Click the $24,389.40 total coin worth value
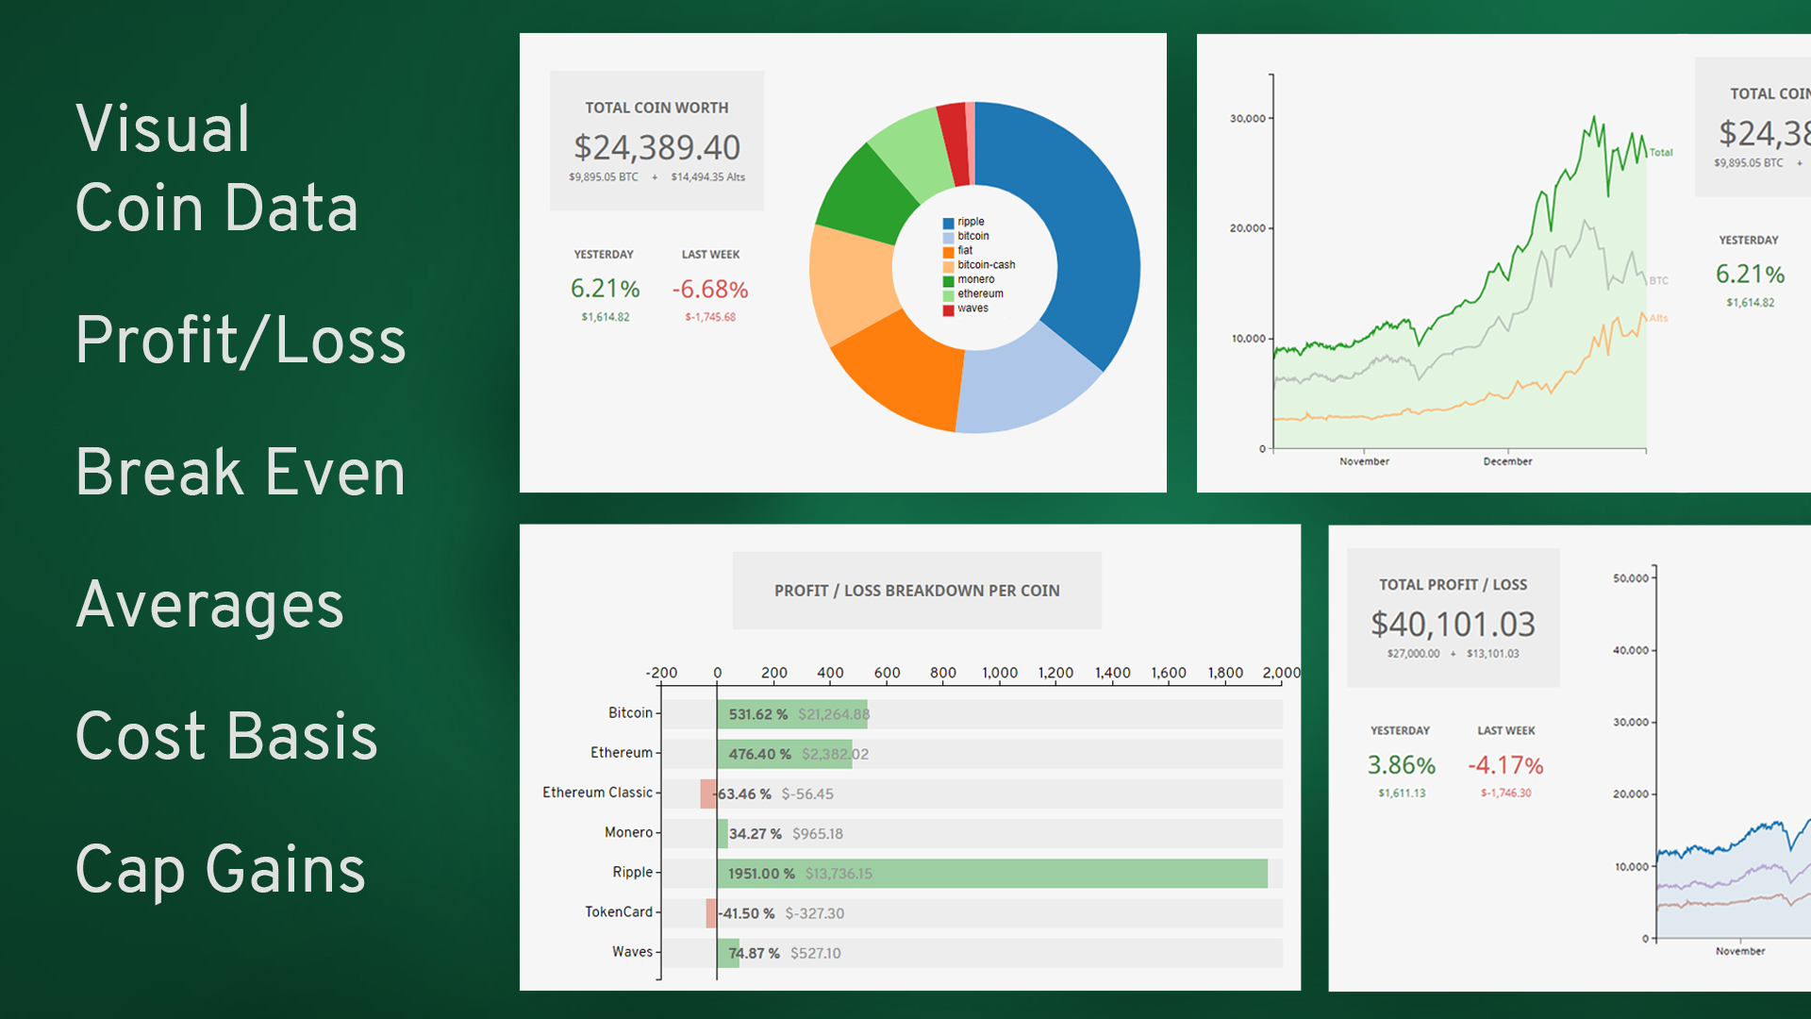tap(656, 147)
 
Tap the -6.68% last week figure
tap(709, 289)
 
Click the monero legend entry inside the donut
tap(975, 279)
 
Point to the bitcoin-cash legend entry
tap(986, 265)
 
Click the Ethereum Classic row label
tap(597, 793)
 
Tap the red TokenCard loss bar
tap(711, 913)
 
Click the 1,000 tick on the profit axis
tap(1000, 673)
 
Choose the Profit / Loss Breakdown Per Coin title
tap(917, 591)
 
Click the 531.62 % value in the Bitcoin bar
tap(757, 714)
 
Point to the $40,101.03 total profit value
tap(1453, 624)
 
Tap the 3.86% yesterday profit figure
tap(1401, 765)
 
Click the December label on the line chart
tap(1507, 461)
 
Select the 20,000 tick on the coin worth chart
tap(1247, 228)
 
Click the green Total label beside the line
tap(1661, 153)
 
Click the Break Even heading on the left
tap(241, 472)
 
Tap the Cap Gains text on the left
tap(220, 869)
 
